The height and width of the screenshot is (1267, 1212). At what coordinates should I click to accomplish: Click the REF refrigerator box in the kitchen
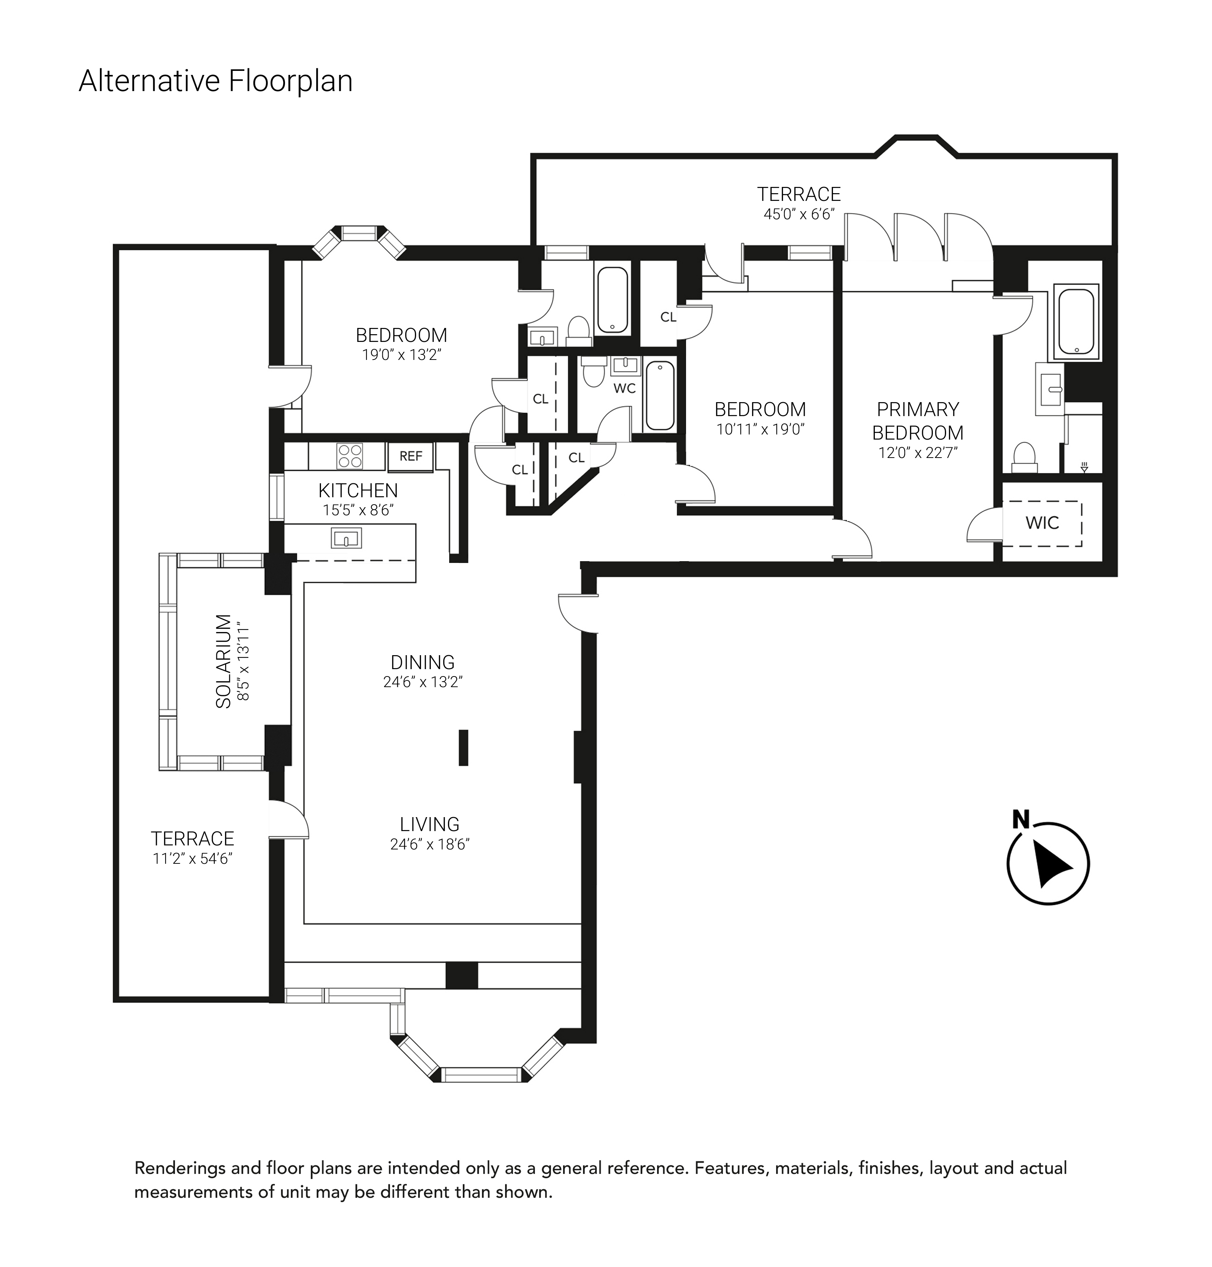[411, 456]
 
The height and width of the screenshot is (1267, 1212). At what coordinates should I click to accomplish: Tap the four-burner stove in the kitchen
[350, 455]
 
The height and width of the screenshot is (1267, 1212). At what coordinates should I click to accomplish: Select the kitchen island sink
[346, 538]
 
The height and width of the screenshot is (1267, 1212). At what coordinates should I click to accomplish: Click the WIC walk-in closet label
[1042, 523]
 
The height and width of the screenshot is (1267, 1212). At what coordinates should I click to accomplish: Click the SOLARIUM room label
[224, 662]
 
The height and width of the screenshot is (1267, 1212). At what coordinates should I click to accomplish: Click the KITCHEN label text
[358, 490]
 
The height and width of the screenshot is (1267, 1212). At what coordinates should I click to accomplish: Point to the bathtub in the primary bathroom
[1076, 321]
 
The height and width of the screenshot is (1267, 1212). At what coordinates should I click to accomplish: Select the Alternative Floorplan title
[216, 82]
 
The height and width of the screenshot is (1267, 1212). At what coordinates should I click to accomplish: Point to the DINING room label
[422, 662]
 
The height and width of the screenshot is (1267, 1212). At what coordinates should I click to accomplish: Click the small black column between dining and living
[463, 748]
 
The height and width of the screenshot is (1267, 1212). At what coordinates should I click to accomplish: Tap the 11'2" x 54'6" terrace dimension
[192, 859]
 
